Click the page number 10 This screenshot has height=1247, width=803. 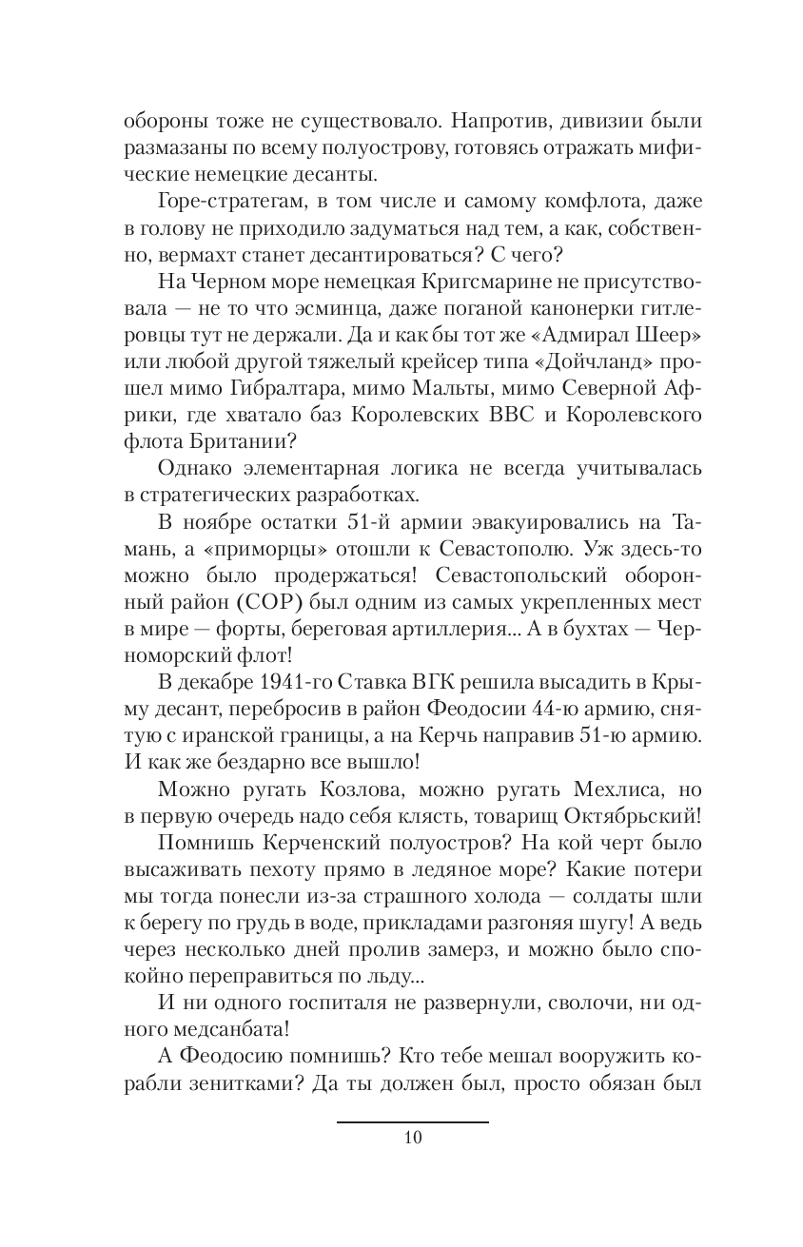[412, 1138]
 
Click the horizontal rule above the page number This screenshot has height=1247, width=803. [412, 1122]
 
